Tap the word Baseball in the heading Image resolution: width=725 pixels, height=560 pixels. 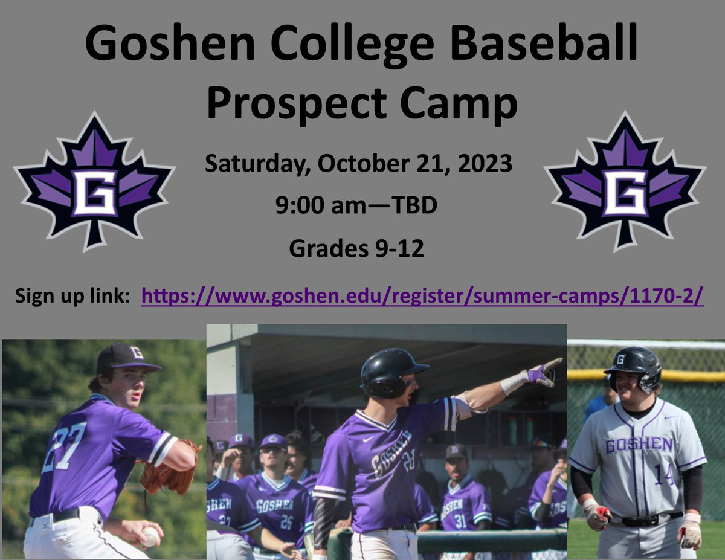pos(542,43)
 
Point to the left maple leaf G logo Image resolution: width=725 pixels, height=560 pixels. pos(94,182)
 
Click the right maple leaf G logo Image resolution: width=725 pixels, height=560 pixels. pos(625,182)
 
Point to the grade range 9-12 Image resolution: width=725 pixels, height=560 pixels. pos(399,248)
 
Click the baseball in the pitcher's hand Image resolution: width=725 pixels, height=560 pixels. pos(150,536)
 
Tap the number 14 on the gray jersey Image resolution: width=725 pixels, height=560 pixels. pos(664,474)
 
